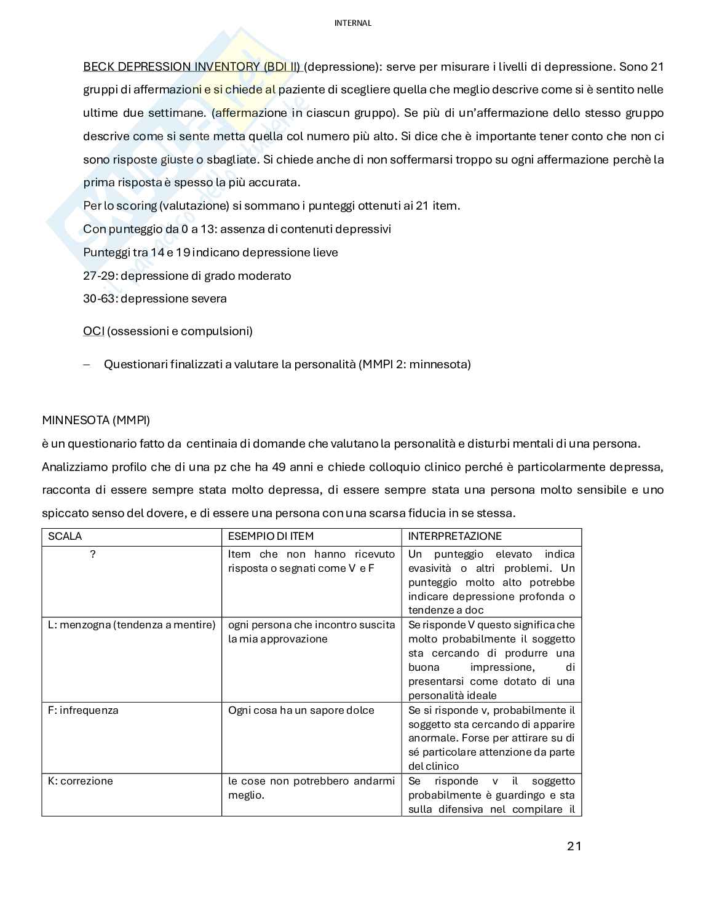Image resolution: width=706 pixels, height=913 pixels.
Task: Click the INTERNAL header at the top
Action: point(352,23)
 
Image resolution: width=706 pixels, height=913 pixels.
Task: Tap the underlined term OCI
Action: point(93,331)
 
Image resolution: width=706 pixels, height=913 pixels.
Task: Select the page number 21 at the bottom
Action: point(573,846)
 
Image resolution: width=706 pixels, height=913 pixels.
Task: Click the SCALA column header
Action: point(65,536)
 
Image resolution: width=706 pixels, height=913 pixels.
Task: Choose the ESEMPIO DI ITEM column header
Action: point(271,536)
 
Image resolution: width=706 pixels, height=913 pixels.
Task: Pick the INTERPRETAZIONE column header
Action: point(454,536)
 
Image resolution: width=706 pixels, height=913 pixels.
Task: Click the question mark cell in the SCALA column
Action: point(93,555)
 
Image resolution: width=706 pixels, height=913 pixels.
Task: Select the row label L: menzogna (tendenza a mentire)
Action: point(132,625)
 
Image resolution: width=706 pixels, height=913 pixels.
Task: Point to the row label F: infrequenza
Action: point(83,710)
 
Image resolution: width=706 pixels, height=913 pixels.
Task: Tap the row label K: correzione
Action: point(81,781)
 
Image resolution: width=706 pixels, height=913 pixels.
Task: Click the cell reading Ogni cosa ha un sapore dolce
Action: point(301,710)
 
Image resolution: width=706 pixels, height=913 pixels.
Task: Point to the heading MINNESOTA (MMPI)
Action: point(96,421)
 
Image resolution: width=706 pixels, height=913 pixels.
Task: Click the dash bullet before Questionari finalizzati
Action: point(87,365)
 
